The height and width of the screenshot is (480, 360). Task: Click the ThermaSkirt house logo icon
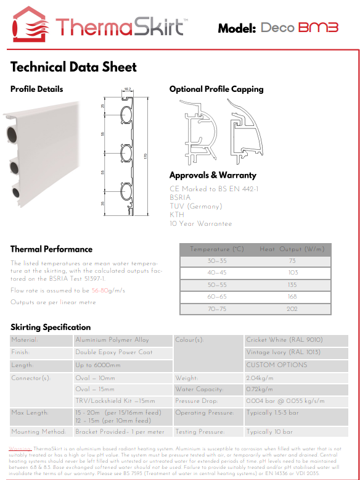pos(31,24)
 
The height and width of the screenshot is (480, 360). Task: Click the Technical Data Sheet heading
pos(73,67)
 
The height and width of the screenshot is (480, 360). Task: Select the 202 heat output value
pos(292,308)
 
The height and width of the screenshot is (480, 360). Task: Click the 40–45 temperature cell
pos(218,273)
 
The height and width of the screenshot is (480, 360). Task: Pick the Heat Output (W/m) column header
pos(292,249)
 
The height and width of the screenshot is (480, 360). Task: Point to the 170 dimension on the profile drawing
pos(145,157)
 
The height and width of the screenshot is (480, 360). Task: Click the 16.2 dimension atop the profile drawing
pos(128,89)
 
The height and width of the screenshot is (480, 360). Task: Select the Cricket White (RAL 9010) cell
pos(284,340)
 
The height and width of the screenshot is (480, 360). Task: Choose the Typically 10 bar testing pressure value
pos(269,432)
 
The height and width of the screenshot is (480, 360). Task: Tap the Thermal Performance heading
pos(51,249)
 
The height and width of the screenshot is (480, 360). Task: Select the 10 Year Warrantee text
pos(201,223)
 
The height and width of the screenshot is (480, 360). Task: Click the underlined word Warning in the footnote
pos(22,449)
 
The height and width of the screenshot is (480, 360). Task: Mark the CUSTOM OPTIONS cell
pos(277,365)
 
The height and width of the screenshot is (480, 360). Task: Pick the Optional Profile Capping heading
pos(216,89)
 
